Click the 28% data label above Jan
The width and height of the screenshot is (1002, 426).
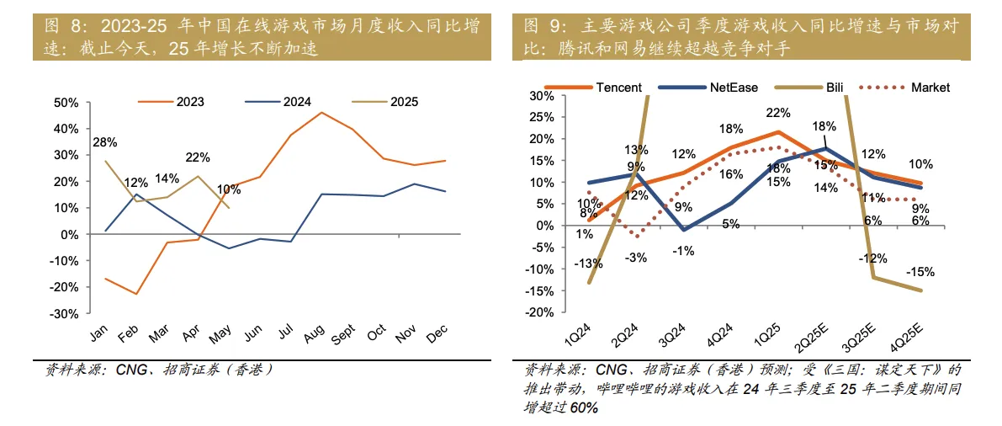tap(105, 142)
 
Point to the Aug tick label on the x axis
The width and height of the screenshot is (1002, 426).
tap(314, 334)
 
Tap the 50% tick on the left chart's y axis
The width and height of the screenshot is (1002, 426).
tap(66, 103)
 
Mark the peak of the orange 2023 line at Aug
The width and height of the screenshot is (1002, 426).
tap(321, 112)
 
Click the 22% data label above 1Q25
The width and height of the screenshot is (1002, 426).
tap(778, 114)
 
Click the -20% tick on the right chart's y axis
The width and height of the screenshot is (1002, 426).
tap(537, 312)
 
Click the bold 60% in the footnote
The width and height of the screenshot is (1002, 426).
tap(584, 408)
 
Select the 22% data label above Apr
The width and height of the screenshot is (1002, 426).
tap(197, 157)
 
